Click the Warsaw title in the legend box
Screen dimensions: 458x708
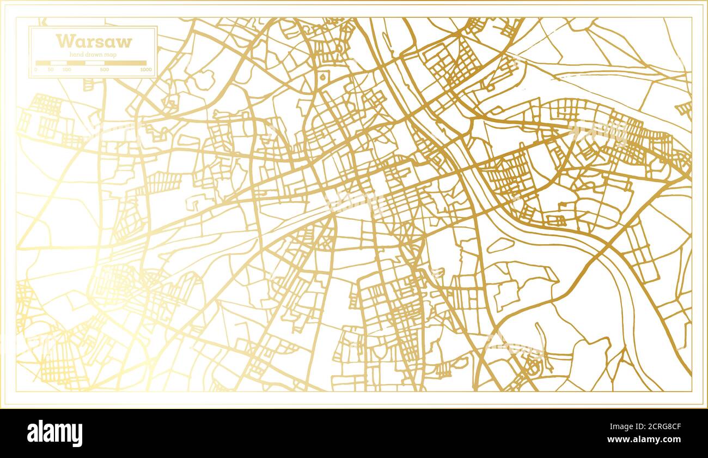pos(94,41)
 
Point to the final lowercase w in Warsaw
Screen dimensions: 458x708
pos(125,42)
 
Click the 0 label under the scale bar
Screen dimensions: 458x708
pos(36,70)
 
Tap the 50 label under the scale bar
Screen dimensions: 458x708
pos(51,70)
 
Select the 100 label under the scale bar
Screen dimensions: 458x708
pos(66,70)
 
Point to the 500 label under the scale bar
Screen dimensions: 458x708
pos(104,70)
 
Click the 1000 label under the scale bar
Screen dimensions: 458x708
pos(145,70)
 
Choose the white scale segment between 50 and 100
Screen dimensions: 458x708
pos(59,63)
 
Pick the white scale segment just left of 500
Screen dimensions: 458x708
pos(94,63)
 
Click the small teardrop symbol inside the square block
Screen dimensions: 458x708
pos(323,77)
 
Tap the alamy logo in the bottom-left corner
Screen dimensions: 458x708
pos(54,433)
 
